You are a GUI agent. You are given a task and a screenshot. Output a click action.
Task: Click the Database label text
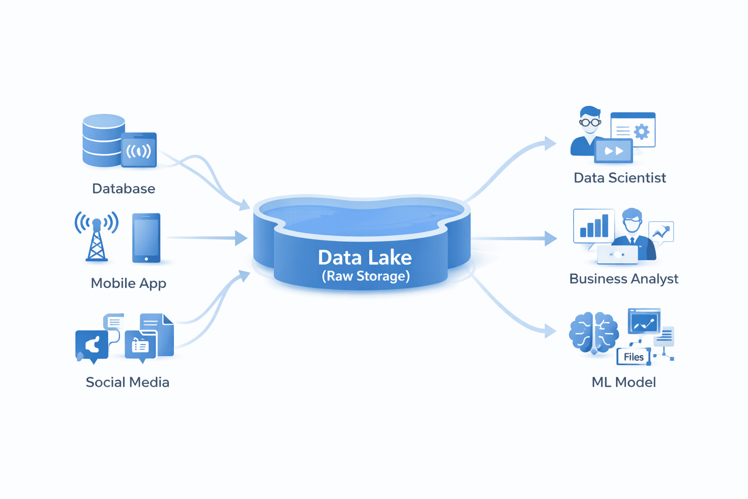tap(124, 189)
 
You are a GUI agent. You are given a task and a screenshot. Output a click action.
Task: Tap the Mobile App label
tap(129, 283)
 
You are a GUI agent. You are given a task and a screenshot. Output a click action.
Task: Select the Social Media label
tap(128, 382)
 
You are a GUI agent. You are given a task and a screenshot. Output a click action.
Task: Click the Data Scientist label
tap(619, 178)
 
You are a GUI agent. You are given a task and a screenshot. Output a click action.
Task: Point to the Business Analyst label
tap(623, 279)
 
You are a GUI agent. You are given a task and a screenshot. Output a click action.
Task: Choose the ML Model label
tap(623, 382)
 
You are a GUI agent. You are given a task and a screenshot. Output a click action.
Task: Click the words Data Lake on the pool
tap(365, 257)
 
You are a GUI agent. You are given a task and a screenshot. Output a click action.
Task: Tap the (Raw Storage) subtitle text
tap(366, 276)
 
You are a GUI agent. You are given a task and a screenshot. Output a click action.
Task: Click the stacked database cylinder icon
tap(103, 140)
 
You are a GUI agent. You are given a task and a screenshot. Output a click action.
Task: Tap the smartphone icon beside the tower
tap(146, 238)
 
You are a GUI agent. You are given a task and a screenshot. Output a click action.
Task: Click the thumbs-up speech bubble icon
tap(92, 346)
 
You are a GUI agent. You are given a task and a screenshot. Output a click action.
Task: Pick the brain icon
tap(594, 332)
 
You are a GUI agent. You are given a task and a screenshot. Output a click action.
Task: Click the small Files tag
tap(633, 357)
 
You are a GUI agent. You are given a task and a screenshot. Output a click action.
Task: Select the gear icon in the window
tap(642, 132)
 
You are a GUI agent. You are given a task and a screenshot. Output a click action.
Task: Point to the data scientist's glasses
tap(590, 122)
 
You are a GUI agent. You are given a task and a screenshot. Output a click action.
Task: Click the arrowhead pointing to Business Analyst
tap(551, 238)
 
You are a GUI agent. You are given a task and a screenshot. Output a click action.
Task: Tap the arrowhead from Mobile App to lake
tap(241, 238)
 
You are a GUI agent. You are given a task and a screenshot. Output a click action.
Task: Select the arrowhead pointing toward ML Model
tap(550, 331)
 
